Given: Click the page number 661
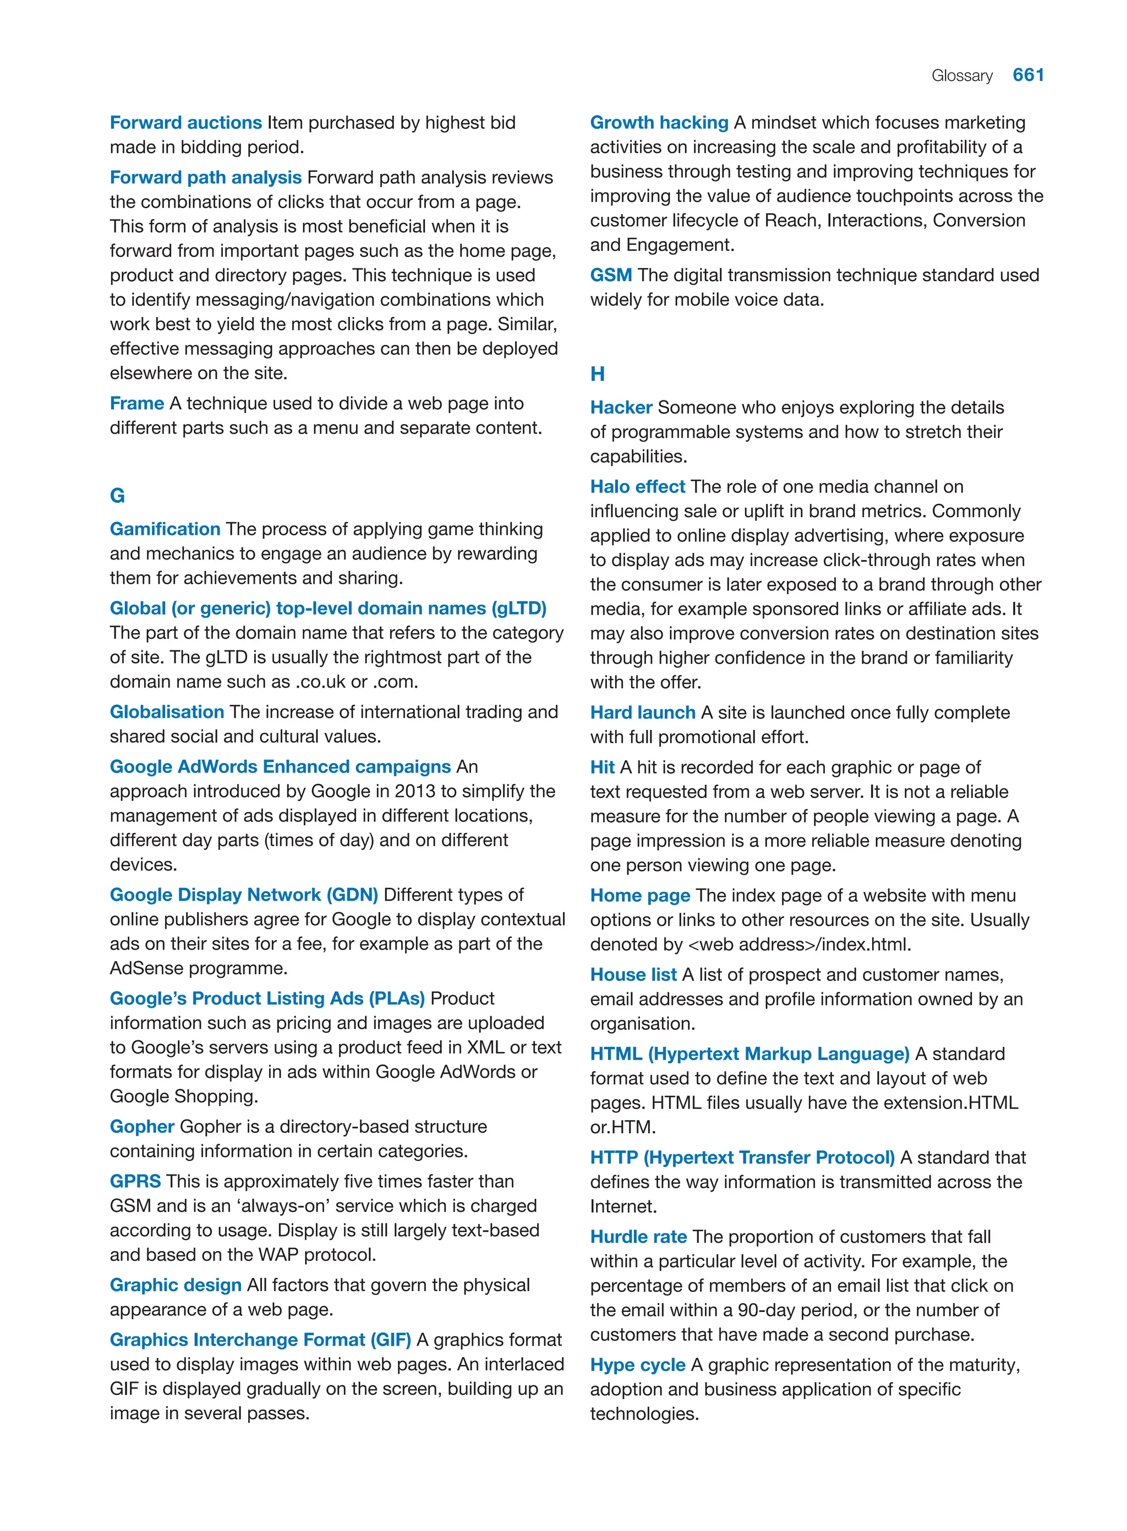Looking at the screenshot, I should (1028, 75).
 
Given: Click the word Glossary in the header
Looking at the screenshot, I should (962, 76).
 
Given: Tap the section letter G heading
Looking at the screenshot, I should (117, 496).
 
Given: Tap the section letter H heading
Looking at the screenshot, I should (598, 374).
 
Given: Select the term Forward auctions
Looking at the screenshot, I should (185, 123).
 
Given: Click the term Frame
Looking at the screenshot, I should (136, 403).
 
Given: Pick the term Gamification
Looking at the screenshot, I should (165, 529).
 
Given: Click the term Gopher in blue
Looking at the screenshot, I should (142, 1127).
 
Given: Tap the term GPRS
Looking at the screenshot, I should (135, 1181).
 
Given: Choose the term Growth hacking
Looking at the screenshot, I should (659, 123).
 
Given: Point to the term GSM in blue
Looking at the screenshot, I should (611, 276).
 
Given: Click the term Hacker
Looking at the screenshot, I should (621, 408).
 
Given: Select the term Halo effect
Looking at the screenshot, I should (637, 487).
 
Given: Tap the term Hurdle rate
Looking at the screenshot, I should (638, 1237).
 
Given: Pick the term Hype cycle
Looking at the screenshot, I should (637, 1365).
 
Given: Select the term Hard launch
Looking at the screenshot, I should (643, 712).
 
